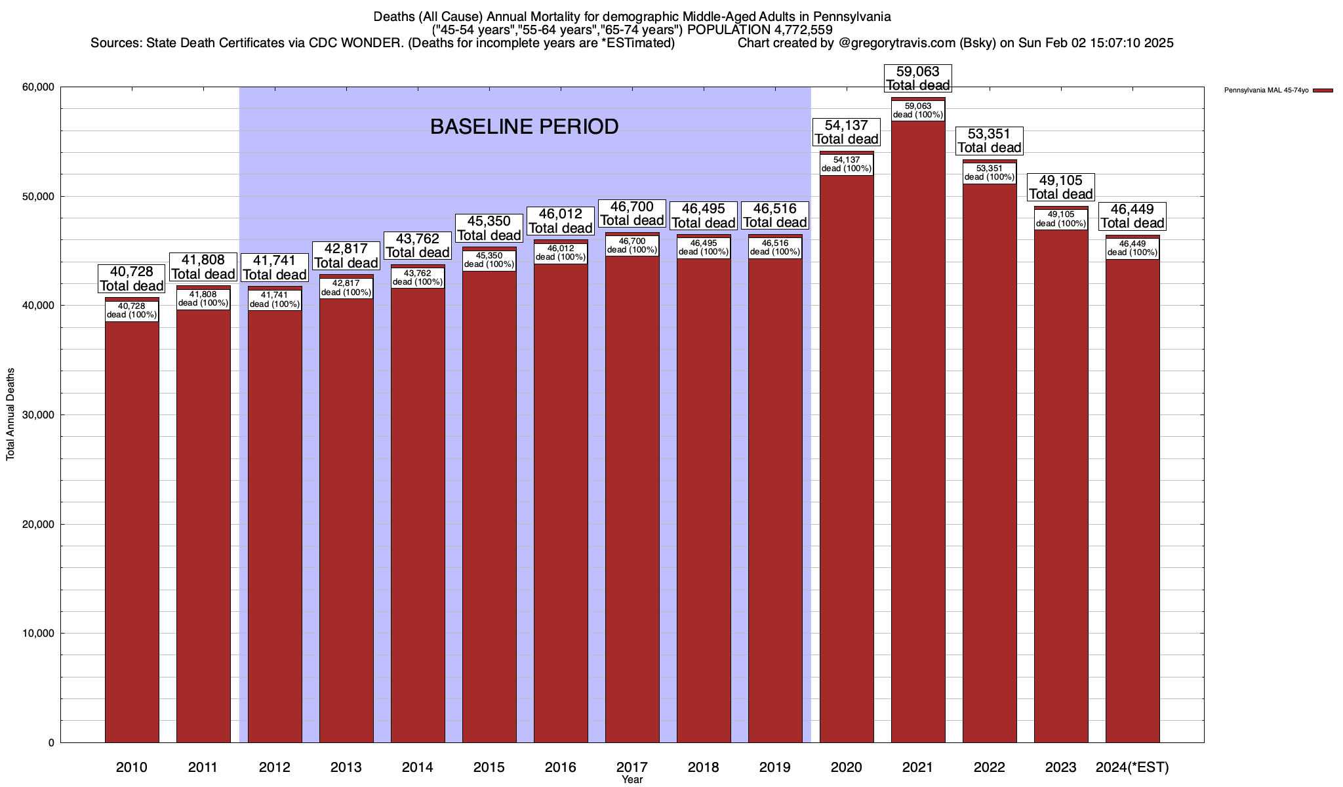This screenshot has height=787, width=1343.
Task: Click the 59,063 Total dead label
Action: (918, 78)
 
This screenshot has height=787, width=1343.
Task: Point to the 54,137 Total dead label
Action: (847, 132)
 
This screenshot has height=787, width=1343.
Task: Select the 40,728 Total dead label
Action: (132, 278)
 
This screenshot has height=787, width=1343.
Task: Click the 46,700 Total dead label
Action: (632, 214)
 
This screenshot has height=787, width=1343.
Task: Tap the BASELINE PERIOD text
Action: (524, 127)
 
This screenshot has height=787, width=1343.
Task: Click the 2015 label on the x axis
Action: (489, 767)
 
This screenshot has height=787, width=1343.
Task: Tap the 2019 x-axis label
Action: (775, 767)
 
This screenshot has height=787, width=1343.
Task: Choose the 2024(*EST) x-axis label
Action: (1133, 767)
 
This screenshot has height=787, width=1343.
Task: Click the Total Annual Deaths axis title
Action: (10, 414)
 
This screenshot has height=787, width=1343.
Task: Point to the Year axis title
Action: (632, 780)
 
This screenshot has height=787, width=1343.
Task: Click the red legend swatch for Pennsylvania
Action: (1323, 91)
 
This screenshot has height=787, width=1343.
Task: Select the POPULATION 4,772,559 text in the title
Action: (760, 30)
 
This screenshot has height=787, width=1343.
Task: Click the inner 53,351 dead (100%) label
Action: (990, 172)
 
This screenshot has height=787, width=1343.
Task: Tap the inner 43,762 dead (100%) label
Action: (418, 277)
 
